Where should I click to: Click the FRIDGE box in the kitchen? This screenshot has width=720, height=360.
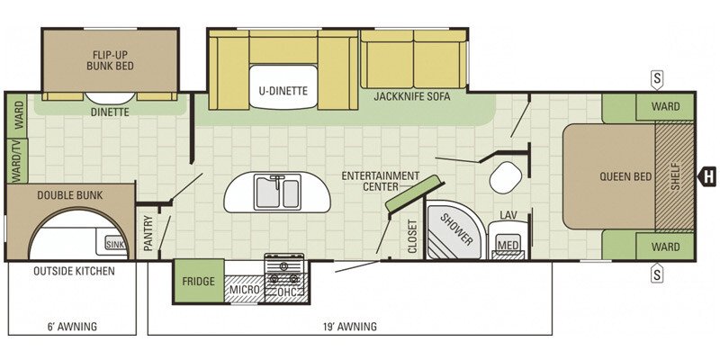[x=199, y=281]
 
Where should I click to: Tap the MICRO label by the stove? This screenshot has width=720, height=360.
[x=244, y=290]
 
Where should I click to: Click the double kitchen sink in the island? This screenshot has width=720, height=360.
[x=278, y=193]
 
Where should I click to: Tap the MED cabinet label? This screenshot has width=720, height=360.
[x=508, y=245]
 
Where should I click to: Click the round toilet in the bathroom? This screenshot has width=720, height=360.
[x=506, y=177]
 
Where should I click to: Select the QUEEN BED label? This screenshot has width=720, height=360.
[x=625, y=176]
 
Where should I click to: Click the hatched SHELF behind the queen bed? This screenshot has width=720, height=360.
[x=674, y=176]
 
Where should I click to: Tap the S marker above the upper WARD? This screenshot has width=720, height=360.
[x=658, y=80]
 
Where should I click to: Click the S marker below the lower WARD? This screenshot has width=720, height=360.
[x=658, y=273]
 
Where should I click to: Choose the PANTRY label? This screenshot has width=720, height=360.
[x=148, y=233]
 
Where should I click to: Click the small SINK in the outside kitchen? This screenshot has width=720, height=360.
[x=115, y=244]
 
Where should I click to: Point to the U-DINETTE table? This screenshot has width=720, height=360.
[x=283, y=86]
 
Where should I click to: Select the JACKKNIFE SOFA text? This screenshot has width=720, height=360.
[x=412, y=97]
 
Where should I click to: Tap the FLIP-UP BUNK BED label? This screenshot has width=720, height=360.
[x=110, y=60]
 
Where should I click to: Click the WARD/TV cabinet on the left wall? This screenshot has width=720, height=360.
[x=17, y=160]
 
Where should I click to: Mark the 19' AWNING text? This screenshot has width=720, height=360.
[x=350, y=327]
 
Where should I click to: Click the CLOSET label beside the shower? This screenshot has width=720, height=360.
[x=412, y=236]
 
